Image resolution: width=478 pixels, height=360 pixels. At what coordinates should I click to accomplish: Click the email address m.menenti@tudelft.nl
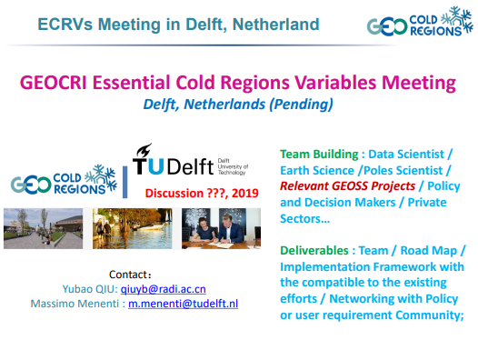click(x=183, y=303)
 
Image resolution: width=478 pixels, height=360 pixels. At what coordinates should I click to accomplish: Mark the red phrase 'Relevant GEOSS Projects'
click(x=335, y=185)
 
